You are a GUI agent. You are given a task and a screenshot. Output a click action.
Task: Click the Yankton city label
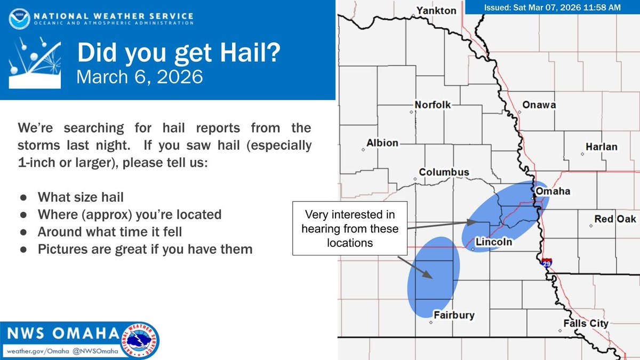[x=437, y=11]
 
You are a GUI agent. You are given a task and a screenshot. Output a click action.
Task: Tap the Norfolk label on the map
[x=433, y=105]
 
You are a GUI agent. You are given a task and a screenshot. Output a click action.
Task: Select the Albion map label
[x=382, y=143]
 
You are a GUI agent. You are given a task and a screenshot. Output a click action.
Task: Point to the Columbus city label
[x=444, y=172]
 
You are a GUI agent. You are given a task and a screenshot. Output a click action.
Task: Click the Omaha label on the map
[x=553, y=191]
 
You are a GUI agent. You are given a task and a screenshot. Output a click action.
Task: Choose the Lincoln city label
[x=493, y=242]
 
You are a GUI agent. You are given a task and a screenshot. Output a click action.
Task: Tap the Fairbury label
[x=453, y=315]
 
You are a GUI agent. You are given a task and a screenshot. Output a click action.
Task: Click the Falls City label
[x=586, y=323]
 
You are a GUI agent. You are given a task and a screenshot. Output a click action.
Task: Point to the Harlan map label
[x=601, y=147]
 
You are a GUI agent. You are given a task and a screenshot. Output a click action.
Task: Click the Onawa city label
[x=539, y=105]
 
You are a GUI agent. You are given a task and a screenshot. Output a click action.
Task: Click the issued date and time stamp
[x=553, y=7]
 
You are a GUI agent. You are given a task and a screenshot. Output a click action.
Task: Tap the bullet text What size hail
[x=81, y=197]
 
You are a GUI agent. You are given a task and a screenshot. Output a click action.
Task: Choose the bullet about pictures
[x=145, y=249]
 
